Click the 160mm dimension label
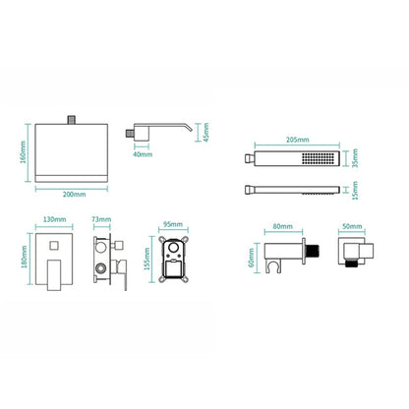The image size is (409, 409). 23,153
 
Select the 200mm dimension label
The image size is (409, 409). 75,195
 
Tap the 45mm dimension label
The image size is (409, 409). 205,133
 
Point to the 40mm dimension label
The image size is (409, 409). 143,154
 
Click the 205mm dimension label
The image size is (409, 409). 298,140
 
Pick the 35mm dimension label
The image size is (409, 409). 355,158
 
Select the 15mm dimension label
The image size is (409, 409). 355,191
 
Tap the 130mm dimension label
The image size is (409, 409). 54,219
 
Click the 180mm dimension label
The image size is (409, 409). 24,257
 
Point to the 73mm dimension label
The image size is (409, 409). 101,219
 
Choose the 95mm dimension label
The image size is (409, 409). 173,224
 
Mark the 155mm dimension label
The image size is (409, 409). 147,259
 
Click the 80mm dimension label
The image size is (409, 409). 283,226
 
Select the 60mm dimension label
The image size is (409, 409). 251,258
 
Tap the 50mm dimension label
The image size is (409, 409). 352,226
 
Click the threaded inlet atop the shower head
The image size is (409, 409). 72,120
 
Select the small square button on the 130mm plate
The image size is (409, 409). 54,245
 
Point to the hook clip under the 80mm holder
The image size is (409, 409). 271,268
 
